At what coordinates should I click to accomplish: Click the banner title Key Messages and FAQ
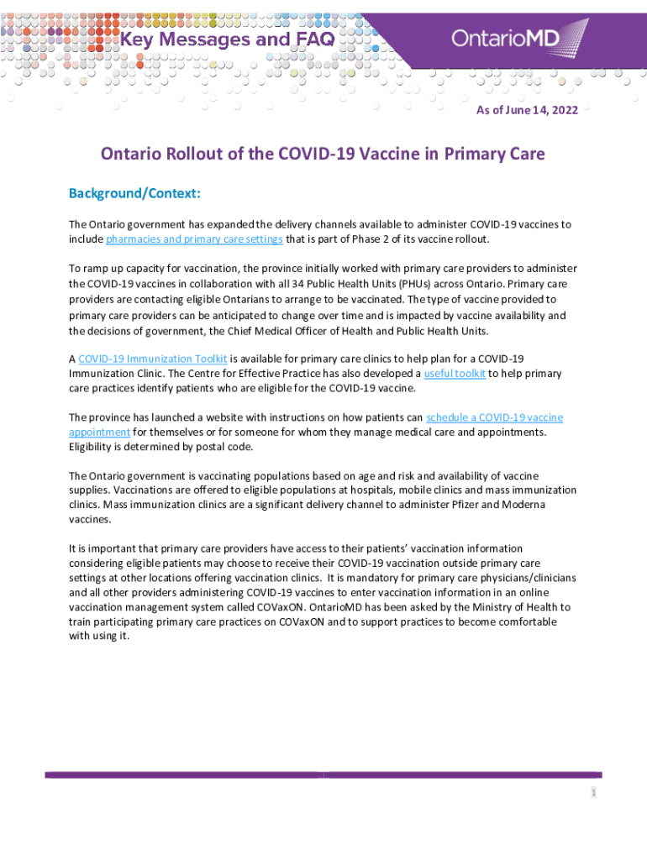[229, 39]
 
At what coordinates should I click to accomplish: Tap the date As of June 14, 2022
[526, 110]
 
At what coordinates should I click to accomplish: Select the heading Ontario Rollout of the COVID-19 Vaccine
[323, 155]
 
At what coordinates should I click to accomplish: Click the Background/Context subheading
[134, 194]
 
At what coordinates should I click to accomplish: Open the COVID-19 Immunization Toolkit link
[152, 359]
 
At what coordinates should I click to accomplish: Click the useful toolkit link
[455, 374]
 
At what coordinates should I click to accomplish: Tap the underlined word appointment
[99, 433]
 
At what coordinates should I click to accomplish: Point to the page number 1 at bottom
[592, 792]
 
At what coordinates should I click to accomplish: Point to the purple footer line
[323, 774]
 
